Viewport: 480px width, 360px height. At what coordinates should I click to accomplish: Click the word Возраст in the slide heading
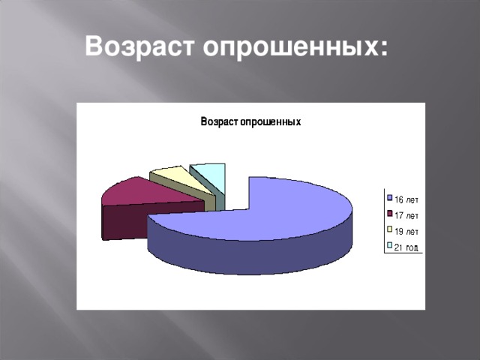coord(139,46)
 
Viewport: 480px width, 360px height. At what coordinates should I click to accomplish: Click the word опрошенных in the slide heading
coord(290,47)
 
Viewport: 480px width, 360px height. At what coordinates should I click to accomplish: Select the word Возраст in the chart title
coord(220,121)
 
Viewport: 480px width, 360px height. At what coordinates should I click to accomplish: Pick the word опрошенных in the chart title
coord(271,122)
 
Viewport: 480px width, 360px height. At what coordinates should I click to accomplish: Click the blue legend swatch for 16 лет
coord(390,198)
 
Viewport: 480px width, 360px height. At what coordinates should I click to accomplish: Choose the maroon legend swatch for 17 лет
coord(390,213)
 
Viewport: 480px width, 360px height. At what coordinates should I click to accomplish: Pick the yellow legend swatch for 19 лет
coord(390,229)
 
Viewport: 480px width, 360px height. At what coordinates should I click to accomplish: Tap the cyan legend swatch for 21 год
coord(390,245)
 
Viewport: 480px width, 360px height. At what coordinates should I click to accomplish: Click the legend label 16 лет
coord(406,199)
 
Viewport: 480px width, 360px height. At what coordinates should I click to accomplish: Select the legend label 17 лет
coord(406,215)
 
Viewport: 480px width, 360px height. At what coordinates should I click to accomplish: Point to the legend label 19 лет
coord(406,232)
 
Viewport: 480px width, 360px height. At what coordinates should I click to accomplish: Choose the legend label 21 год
coord(406,247)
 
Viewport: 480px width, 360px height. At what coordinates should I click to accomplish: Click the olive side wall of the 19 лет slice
coord(210,202)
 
